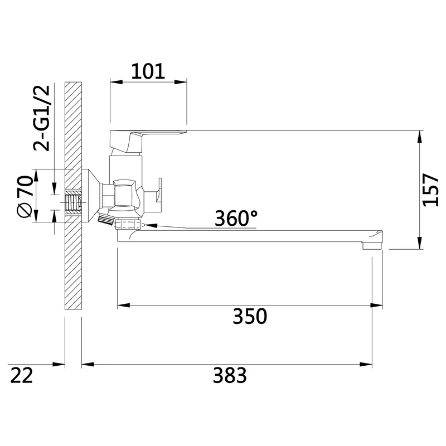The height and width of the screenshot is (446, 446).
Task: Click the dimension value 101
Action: point(148,71)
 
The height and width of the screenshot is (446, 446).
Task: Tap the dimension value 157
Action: point(430,190)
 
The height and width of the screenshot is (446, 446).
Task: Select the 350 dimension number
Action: point(250,316)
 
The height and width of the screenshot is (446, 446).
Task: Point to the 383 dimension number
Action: point(230,375)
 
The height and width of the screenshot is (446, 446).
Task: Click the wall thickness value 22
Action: point(21,375)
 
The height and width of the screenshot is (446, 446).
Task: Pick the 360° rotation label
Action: point(236,218)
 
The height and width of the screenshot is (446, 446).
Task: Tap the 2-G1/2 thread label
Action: point(41,118)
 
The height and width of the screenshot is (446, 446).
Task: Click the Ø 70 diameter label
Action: point(25,196)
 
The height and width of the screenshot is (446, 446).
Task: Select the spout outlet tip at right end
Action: point(372,245)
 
